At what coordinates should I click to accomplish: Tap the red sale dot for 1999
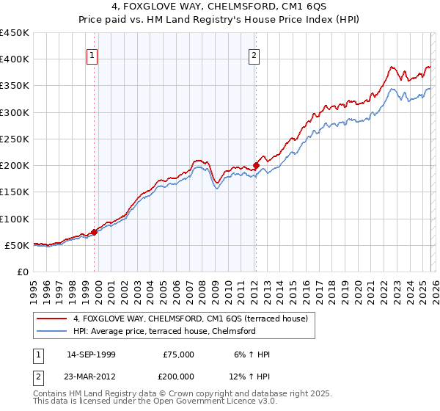(x=94, y=232)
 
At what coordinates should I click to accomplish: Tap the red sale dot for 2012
(x=256, y=165)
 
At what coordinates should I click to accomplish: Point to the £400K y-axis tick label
(x=14, y=59)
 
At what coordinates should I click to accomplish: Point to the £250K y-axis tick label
(x=14, y=139)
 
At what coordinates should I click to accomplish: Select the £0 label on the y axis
(x=22, y=272)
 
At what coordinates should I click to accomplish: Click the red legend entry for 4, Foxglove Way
(x=194, y=319)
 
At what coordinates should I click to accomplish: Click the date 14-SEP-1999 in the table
(x=91, y=354)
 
